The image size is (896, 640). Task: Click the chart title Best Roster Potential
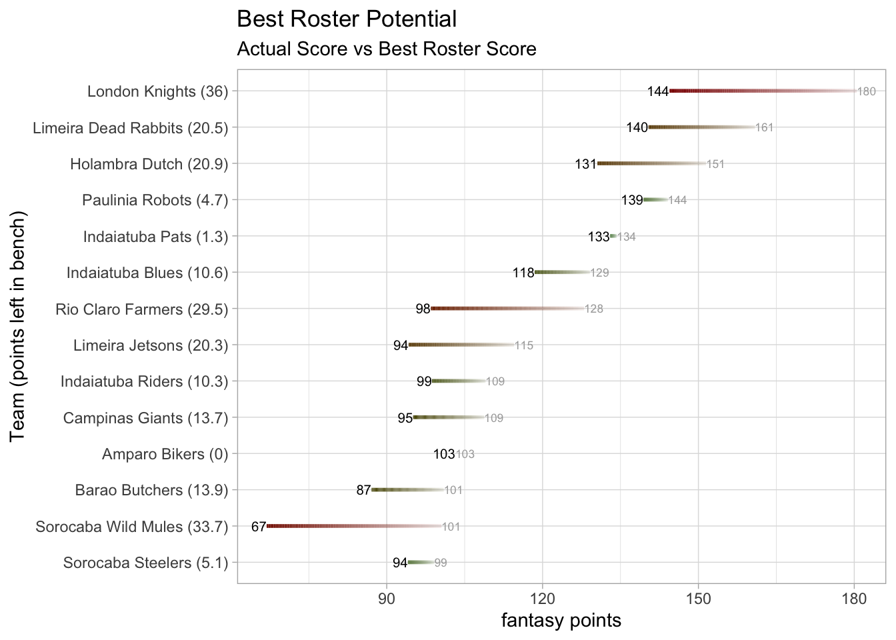(347, 19)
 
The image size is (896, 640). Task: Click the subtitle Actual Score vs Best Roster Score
(387, 49)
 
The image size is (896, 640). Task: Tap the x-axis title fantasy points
(561, 621)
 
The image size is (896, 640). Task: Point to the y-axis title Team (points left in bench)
(18, 326)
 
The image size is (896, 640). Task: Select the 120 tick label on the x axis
(543, 599)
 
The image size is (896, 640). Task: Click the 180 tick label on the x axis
(854, 599)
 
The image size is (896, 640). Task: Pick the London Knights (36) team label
(157, 91)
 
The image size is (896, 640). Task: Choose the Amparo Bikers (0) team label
(165, 455)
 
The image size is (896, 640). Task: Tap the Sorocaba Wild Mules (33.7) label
(131, 527)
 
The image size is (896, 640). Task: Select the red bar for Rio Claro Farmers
(507, 309)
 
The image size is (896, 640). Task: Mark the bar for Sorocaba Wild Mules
(353, 526)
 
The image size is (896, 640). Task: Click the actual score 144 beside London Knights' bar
(657, 91)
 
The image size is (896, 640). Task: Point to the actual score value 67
(259, 527)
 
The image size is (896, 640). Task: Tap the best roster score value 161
(764, 127)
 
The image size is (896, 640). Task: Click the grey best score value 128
(594, 309)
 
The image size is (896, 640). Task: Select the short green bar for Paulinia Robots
(655, 199)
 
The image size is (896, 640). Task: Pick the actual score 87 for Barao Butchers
(363, 491)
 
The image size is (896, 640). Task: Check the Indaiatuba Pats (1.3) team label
(155, 237)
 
